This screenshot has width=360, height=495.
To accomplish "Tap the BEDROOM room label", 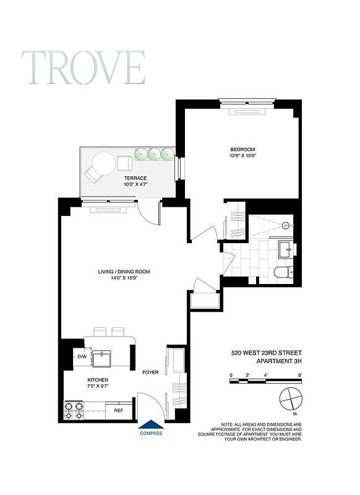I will coord(242,149).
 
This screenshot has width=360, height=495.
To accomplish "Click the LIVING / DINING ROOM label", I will coord(124,272).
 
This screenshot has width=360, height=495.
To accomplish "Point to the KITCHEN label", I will coord(80,380).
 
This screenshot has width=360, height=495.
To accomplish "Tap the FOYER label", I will coord(150,372).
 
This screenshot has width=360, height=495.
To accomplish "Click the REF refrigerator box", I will coord(119,409).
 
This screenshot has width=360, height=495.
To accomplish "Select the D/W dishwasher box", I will coord(82,357).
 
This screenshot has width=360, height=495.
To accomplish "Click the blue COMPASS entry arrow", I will coord(151,424).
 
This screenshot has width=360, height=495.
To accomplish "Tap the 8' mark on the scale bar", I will coord(299,375).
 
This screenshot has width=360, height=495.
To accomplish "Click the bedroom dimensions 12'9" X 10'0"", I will coord(242,157).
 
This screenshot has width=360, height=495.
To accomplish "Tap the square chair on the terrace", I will coord(125,163).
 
